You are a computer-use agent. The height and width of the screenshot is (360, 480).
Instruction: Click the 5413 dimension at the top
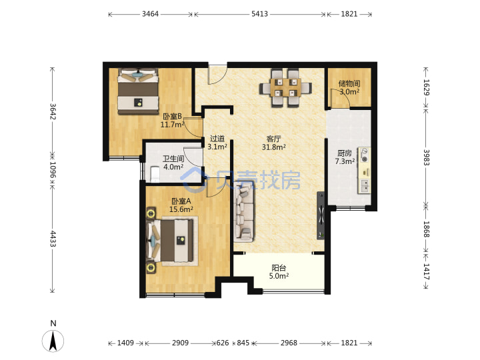259,14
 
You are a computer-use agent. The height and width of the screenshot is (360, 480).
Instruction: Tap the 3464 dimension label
150,14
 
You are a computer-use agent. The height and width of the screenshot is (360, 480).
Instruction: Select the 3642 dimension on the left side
53,111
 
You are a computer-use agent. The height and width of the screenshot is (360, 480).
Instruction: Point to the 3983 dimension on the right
427,157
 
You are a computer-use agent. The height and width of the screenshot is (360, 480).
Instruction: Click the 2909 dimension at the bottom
180,343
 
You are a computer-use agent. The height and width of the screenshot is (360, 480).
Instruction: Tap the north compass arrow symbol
53,341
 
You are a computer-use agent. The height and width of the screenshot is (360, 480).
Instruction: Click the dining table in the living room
285,88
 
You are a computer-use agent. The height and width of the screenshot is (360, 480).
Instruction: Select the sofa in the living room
244,214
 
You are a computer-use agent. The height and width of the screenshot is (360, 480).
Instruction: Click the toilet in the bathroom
155,174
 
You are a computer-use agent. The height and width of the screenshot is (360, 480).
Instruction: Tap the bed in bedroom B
138,91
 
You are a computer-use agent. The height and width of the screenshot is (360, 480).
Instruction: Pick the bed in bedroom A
171,241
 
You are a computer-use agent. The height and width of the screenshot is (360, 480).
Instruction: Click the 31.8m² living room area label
274,147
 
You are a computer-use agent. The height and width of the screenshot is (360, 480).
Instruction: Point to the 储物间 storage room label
349,83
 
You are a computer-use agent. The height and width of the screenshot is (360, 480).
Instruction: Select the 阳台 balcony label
279,268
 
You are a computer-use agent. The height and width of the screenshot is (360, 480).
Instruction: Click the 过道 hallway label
217,139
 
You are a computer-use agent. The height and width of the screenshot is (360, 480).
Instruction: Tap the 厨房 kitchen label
345,153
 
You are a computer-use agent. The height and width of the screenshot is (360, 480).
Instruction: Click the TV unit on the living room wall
321,215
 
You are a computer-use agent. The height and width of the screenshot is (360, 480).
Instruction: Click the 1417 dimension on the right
427,271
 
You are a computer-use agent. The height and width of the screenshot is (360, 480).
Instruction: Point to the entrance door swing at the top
217,75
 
